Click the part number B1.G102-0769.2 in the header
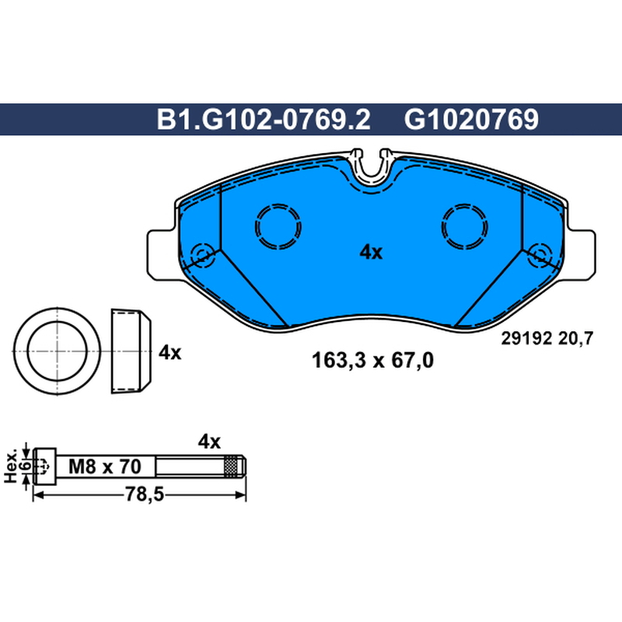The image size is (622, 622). (264, 120)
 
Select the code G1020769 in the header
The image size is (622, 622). (471, 120)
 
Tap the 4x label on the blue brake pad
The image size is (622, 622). (371, 252)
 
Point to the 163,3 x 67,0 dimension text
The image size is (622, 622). (372, 361)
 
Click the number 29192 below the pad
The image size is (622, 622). (526, 339)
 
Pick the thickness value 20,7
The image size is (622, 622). (575, 339)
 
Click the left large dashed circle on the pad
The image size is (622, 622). (278, 226)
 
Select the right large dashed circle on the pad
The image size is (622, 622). (464, 226)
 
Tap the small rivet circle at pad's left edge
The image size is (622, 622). (203, 254)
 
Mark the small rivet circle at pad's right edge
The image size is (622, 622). (540, 254)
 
